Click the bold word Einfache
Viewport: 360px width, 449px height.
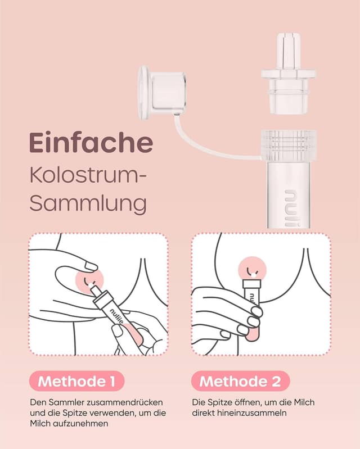91,143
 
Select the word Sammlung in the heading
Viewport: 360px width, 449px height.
88,203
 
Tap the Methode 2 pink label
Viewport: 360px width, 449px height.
240,382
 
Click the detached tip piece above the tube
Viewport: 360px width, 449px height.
287,74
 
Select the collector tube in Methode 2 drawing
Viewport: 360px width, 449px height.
251,309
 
